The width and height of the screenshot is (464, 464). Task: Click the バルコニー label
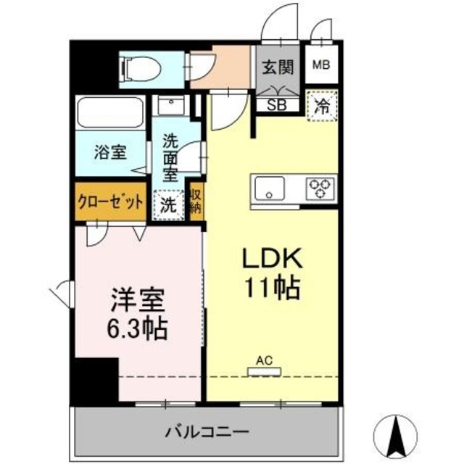206,432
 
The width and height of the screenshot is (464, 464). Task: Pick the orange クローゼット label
110,202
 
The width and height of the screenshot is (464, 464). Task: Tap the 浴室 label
111,153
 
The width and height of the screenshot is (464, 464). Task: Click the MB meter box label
320,65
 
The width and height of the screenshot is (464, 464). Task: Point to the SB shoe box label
277,104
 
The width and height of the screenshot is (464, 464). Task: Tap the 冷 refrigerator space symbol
320,106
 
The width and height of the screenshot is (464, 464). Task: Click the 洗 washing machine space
167,204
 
